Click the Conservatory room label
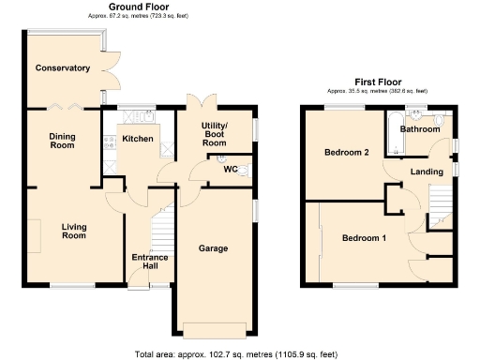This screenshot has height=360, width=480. (x=63, y=67)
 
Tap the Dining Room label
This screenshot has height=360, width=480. (x=62, y=141)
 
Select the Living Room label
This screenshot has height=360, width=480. (x=74, y=231)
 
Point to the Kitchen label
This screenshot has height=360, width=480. (x=137, y=139)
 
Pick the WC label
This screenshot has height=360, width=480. (x=230, y=170)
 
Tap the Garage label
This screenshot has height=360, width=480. (x=214, y=248)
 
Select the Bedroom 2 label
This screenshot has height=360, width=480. (x=346, y=152)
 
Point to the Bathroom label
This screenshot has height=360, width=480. (x=421, y=128)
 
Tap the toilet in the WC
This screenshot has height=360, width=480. (x=246, y=171)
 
